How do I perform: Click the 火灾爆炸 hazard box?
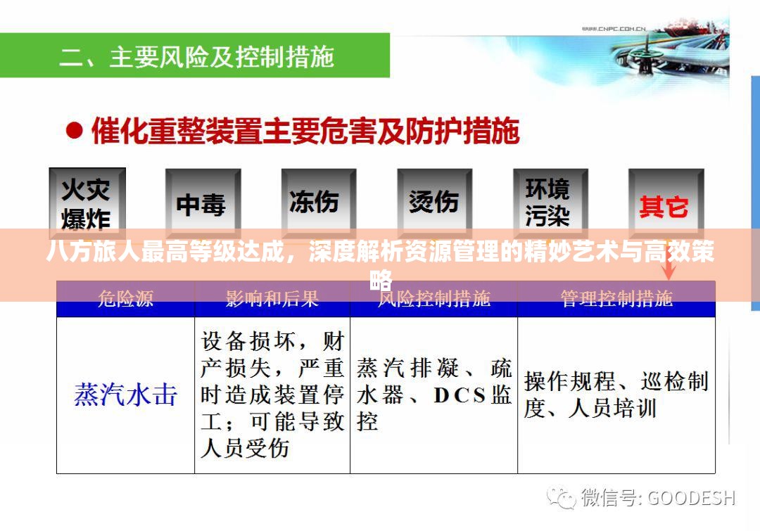tap(87, 203)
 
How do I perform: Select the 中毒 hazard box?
tap(202, 205)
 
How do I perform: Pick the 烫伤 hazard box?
tap(433, 203)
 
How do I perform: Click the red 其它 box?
tap(665, 206)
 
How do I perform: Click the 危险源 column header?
tap(125, 299)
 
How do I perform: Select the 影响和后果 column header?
tap(272, 299)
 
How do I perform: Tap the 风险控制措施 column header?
tap(433, 299)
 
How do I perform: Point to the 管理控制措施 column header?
tap(616, 299)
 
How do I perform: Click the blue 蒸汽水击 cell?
tap(125, 395)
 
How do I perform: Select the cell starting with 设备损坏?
tap(272, 395)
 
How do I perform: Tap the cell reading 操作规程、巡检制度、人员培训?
tap(616, 395)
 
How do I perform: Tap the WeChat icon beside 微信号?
tap(564, 497)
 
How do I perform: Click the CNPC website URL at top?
tap(614, 28)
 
